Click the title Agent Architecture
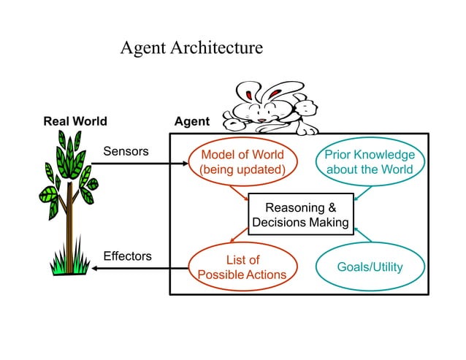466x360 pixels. (x=191, y=48)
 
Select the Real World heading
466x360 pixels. (x=75, y=121)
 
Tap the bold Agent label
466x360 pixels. (x=192, y=121)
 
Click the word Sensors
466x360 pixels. (x=126, y=152)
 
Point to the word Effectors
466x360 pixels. (x=127, y=256)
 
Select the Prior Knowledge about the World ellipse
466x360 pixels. (x=369, y=162)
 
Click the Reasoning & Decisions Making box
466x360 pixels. (x=300, y=215)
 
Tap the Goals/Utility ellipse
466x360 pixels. (x=369, y=267)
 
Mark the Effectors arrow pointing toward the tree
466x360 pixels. (x=139, y=268)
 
